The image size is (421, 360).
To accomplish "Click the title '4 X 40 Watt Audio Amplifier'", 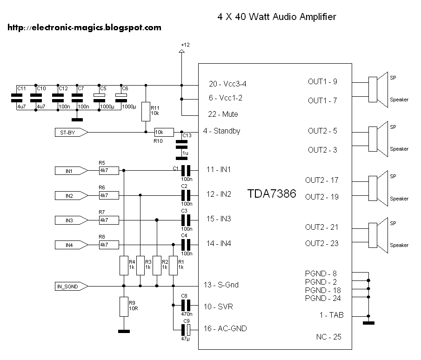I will coord(276,17).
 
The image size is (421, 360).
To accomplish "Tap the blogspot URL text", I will coord(84,27).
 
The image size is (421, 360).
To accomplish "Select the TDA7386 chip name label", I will coord(271,194).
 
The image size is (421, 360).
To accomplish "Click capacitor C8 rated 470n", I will coord(186,306).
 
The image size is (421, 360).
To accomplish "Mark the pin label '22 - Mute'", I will coord(224,114).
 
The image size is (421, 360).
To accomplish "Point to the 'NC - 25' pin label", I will coord(326,336).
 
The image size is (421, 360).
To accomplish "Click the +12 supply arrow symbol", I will coord(181,51).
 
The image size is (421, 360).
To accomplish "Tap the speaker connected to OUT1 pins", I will coord(379,90).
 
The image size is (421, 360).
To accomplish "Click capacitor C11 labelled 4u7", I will coord(17,98).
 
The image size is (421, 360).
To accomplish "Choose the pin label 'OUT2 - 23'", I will coord(321,243).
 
